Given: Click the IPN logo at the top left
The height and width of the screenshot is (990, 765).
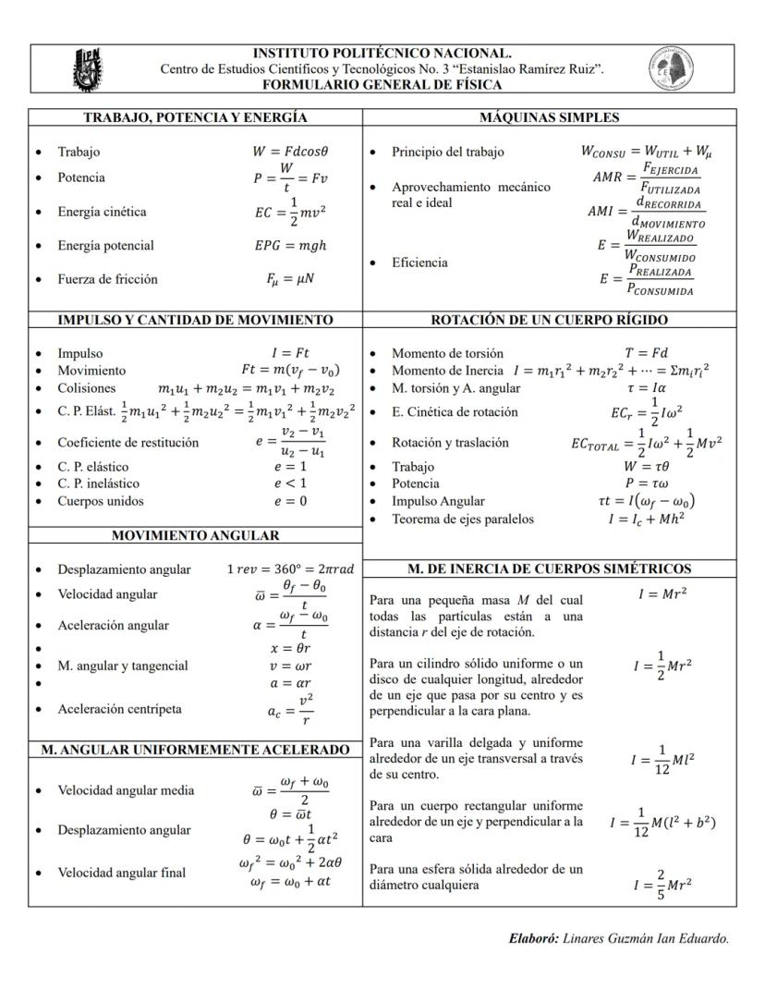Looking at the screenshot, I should click(88, 69).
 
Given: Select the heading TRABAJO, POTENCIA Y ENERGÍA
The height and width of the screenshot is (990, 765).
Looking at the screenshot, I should click(195, 117).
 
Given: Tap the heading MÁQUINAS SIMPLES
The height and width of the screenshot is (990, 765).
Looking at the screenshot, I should click(549, 117).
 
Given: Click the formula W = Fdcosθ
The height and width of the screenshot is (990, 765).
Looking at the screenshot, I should click(290, 152).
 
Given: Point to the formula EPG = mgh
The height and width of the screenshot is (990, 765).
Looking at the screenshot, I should click(290, 246).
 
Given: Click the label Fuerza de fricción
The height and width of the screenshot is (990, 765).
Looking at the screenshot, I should click(107, 279).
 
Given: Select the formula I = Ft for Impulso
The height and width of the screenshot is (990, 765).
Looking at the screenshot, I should click(290, 353).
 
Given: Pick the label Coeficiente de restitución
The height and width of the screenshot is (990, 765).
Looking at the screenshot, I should click(127, 443).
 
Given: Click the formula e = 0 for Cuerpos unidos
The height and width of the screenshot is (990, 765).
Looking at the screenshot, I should click(290, 501).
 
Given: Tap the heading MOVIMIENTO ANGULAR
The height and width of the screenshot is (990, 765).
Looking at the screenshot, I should click(195, 536).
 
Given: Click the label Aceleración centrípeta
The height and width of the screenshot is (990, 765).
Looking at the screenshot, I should click(119, 709).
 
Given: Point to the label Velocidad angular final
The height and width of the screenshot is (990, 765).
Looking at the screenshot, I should click(121, 873).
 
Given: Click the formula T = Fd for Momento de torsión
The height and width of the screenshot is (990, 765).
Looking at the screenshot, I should click(646, 353).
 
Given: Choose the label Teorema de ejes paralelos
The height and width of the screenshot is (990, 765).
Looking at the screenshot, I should click(462, 519).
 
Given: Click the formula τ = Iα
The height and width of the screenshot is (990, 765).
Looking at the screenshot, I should click(646, 388).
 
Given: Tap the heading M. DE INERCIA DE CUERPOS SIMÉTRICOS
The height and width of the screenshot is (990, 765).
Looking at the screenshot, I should click(549, 568).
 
